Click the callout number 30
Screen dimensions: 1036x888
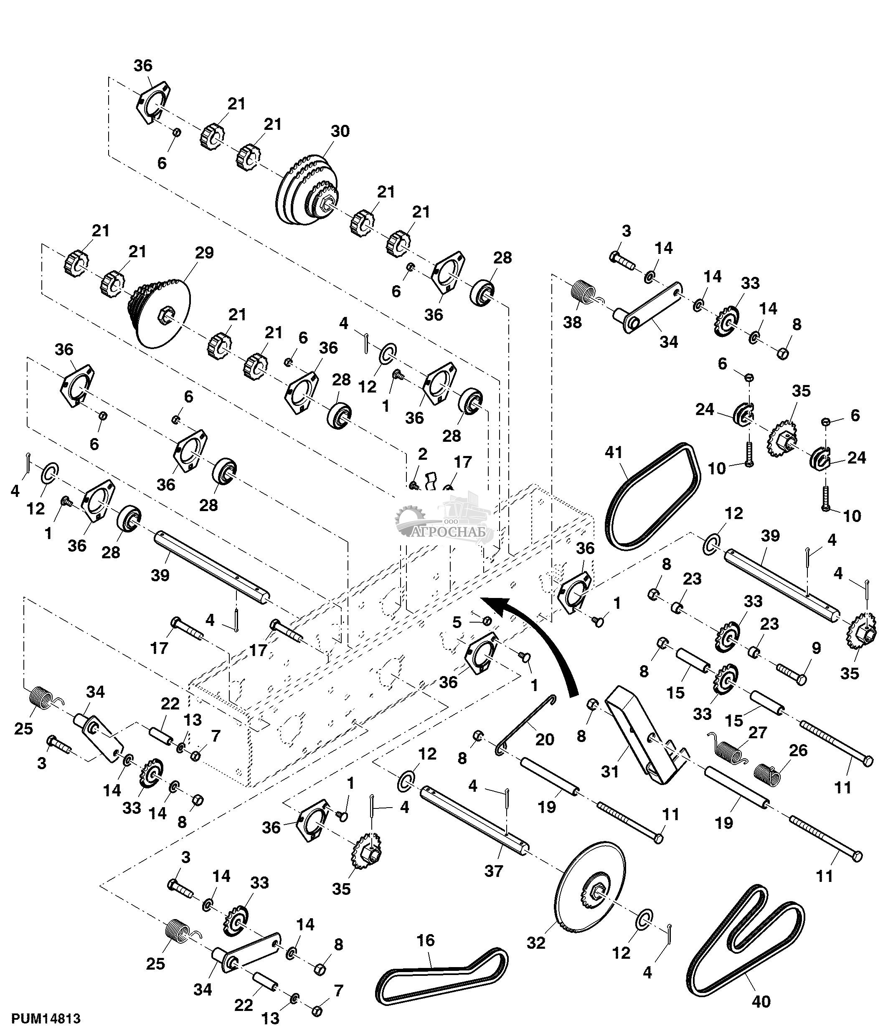click(x=340, y=132)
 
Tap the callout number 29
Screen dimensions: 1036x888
click(x=204, y=253)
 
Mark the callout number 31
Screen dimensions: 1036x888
click(x=610, y=772)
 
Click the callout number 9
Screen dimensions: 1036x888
click(x=816, y=648)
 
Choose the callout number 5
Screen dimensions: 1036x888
click(x=457, y=623)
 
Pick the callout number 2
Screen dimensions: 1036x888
click(x=423, y=454)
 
